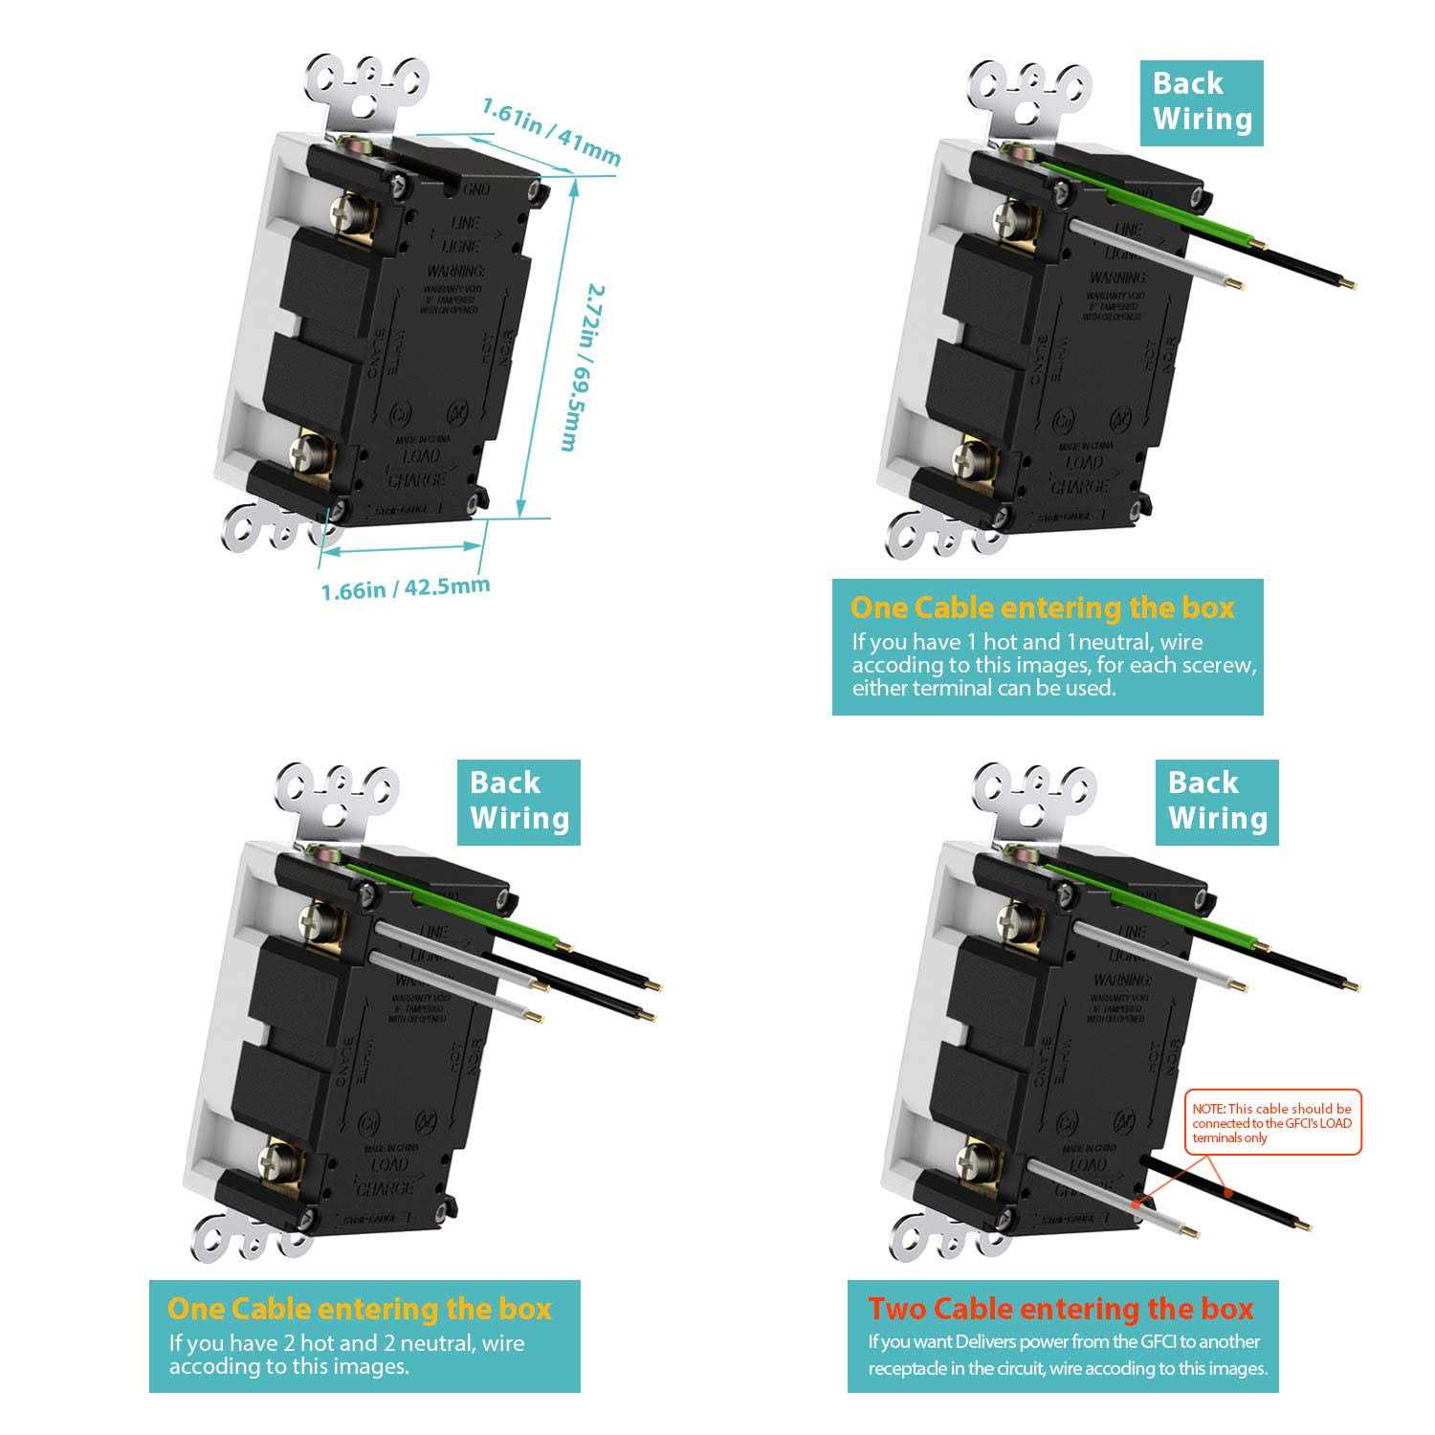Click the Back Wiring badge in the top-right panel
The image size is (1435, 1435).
click(x=1202, y=102)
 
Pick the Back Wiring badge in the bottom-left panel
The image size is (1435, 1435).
click(x=519, y=802)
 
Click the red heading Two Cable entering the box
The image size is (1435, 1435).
click(x=1060, y=1309)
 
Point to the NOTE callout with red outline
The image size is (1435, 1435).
click(x=1272, y=1123)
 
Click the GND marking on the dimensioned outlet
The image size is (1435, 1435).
click(x=475, y=190)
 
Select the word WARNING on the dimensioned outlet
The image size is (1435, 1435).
click(x=455, y=272)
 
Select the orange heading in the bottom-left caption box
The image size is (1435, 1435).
click(x=360, y=1309)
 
